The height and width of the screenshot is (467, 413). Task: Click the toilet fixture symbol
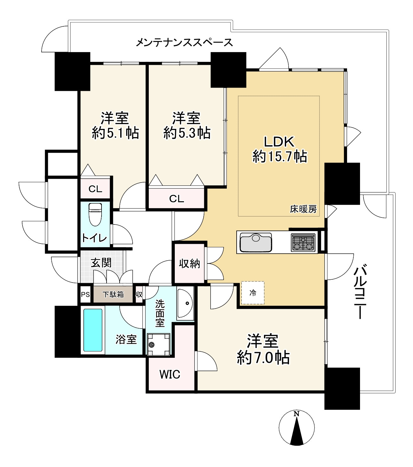click(95, 215)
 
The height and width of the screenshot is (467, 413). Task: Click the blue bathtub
click(93, 330)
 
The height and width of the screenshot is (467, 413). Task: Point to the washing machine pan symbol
click(158, 344)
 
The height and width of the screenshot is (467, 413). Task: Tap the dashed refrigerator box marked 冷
click(252, 293)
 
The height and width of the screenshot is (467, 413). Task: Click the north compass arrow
click(297, 429)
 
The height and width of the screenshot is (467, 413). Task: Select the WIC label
click(170, 375)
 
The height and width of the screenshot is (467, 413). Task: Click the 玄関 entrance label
click(101, 263)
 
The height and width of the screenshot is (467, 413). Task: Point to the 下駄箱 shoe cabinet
click(113, 295)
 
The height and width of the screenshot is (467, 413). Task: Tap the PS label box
click(85, 295)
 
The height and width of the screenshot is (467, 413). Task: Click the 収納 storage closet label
click(189, 264)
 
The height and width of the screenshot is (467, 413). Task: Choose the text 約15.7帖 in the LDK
click(279, 157)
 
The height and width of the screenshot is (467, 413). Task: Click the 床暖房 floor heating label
click(303, 209)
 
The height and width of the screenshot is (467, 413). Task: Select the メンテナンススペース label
click(184, 42)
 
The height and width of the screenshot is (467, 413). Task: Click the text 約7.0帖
click(263, 358)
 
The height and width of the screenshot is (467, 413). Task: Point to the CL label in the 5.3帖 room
click(176, 199)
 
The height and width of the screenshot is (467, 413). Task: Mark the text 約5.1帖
click(115, 133)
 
